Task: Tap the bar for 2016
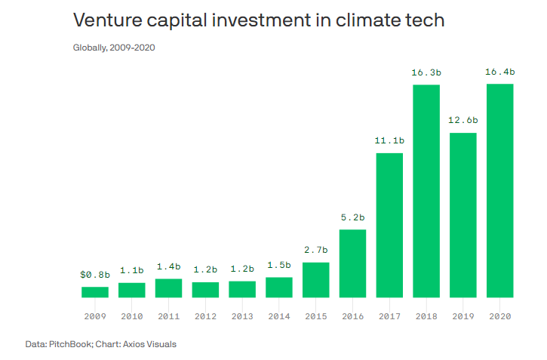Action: tap(352, 263)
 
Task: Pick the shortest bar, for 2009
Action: tap(95, 292)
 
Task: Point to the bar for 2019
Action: tap(463, 215)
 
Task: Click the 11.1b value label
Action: tap(389, 140)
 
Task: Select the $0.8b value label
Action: tap(95, 274)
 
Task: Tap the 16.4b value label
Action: tap(499, 72)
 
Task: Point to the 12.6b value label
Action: tap(463, 120)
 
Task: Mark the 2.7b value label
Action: tap(315, 249)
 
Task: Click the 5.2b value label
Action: tap(352, 217)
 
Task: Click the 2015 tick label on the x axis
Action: tap(315, 317)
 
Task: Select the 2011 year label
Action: tap(168, 317)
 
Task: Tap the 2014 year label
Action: tap(278, 317)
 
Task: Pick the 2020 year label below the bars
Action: tap(499, 317)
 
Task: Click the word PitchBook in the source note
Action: tap(68, 344)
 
